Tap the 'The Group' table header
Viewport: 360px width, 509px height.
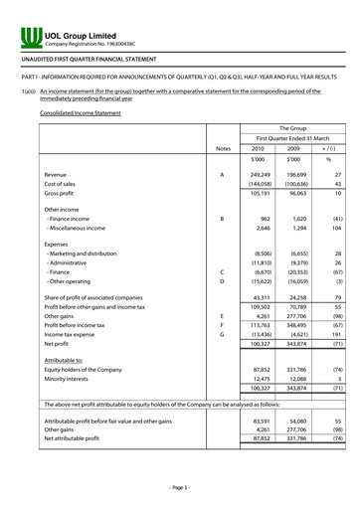292,128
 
